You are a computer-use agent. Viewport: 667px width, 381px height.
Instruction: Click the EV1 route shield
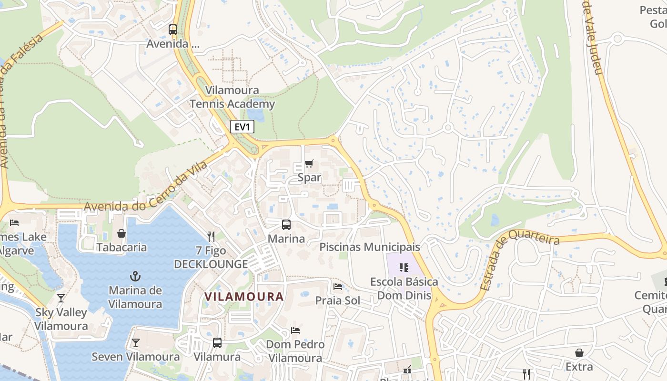(242, 127)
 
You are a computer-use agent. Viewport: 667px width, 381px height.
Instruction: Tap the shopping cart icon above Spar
(309, 164)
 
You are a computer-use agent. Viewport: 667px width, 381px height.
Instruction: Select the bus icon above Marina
(286, 224)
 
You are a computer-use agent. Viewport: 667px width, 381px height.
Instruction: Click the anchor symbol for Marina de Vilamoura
(135, 276)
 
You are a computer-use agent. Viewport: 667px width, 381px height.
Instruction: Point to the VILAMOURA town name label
(244, 296)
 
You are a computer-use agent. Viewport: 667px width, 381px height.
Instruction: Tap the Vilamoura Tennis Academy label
(232, 97)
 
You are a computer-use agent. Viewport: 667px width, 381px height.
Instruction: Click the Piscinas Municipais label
(370, 247)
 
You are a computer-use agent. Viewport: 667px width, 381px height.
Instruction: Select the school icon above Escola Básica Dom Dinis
(404, 267)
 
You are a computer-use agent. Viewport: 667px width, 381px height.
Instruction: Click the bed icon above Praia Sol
(338, 287)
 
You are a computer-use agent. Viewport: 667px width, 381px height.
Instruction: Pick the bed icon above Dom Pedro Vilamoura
(295, 330)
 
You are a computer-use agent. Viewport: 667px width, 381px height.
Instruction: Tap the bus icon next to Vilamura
(217, 342)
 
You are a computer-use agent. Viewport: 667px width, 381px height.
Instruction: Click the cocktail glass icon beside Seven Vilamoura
(136, 342)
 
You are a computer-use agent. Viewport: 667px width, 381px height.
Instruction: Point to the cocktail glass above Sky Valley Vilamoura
(61, 298)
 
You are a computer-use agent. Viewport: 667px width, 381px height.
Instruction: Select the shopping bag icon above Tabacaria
(121, 233)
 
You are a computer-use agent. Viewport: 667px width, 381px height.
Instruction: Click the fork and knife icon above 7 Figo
(211, 236)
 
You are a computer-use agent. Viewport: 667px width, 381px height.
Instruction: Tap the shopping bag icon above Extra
(579, 353)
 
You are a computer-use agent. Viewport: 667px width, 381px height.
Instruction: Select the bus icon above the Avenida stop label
(173, 30)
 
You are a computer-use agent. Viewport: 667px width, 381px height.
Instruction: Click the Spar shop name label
(309, 178)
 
